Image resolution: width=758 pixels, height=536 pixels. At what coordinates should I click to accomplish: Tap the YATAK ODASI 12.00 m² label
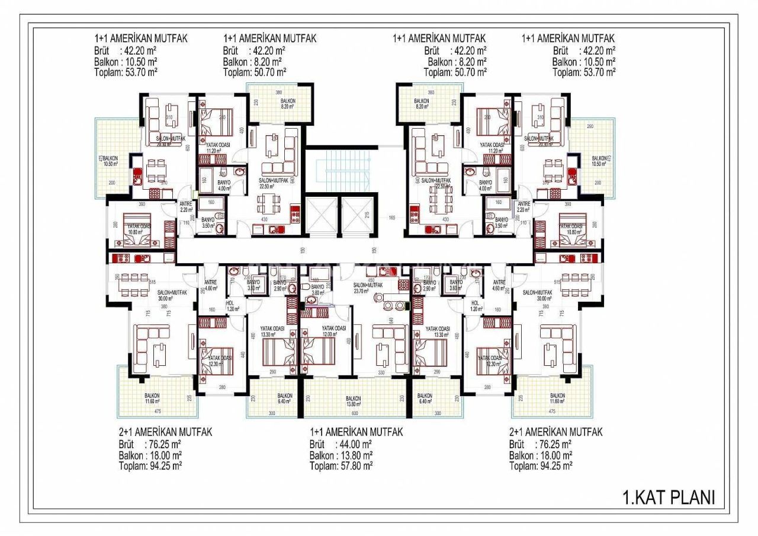click(334, 331)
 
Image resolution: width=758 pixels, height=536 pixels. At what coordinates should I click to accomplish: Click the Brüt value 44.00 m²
click(356, 444)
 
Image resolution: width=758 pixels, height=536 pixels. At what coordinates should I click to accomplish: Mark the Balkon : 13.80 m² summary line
click(341, 455)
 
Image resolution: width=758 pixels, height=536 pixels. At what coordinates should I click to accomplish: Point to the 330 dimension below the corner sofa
click(382, 372)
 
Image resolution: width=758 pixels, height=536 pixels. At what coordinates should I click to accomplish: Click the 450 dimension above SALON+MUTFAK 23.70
click(371, 280)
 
